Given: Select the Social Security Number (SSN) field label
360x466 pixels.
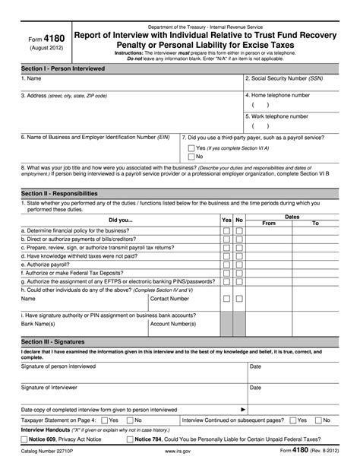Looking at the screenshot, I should pos(283,78).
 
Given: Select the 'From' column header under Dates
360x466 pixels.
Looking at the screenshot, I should pos(268,223).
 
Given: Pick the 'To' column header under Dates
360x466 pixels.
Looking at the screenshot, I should pos(315,223).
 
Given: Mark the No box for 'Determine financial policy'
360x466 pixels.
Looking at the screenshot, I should pos(238,230).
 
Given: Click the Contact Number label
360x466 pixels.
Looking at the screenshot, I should pos(171,299).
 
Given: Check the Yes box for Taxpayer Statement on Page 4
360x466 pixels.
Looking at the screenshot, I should pos(104,419).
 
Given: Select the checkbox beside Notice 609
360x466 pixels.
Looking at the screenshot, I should pos(24,439).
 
